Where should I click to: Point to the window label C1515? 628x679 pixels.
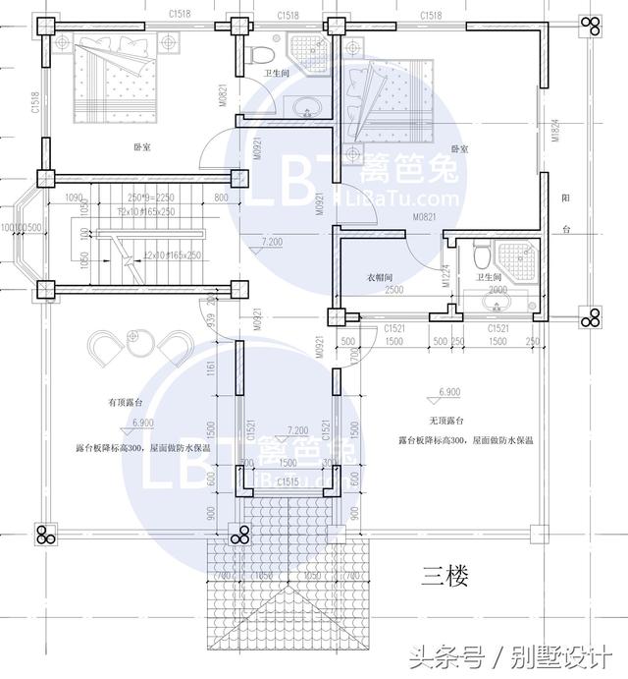click(x=288, y=481)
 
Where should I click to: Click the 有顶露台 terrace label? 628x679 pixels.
click(x=126, y=403)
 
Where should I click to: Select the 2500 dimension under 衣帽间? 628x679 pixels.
click(x=392, y=291)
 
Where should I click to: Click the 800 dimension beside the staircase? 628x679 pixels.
click(x=220, y=198)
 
